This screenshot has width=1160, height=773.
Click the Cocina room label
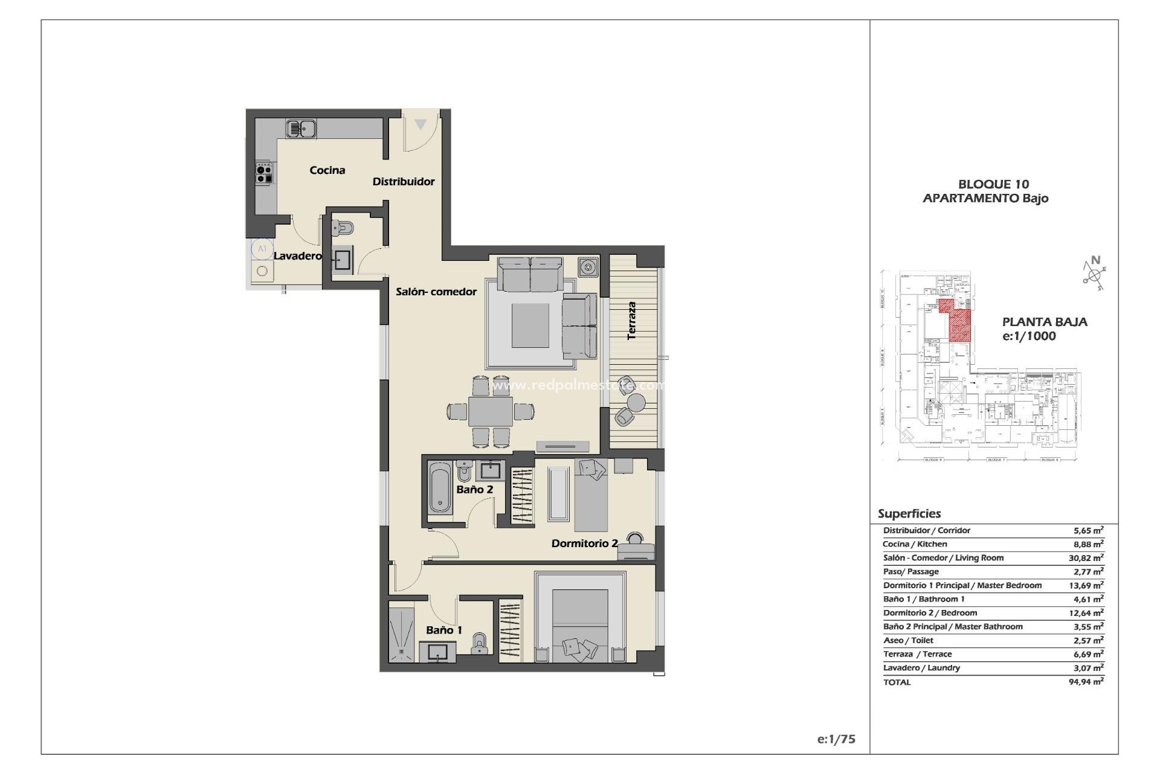click(x=327, y=170)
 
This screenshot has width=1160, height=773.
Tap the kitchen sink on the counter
click(x=301, y=129)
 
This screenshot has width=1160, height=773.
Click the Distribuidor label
click(x=403, y=182)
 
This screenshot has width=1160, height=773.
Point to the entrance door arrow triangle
click(x=420, y=125)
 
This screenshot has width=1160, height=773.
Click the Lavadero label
click(x=297, y=256)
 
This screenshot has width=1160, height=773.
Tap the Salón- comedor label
click(x=436, y=292)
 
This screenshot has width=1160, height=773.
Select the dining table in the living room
click(x=491, y=412)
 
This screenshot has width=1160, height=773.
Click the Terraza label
click(x=632, y=321)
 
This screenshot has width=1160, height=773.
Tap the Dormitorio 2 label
click(x=584, y=544)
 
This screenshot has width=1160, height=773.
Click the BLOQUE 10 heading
click(x=993, y=184)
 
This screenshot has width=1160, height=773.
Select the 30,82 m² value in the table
click(x=1086, y=558)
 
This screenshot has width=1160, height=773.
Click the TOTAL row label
click(x=897, y=682)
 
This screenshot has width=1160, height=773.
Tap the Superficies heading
click(x=909, y=514)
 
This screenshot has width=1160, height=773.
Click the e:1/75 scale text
click(x=836, y=739)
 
